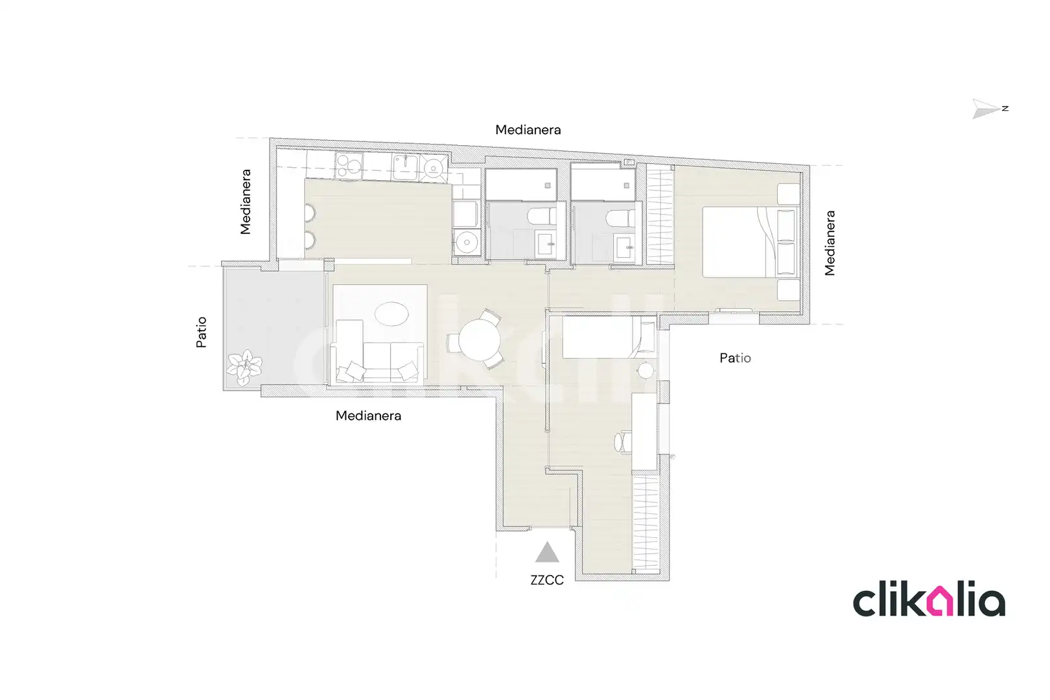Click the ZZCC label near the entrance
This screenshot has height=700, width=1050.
546,580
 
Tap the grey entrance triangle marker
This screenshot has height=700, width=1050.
547,553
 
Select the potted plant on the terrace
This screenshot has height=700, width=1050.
244,367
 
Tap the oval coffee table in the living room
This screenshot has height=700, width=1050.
391,314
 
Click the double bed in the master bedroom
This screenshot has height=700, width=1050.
749,242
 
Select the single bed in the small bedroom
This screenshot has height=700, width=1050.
609,338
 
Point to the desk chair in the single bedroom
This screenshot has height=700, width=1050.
622,442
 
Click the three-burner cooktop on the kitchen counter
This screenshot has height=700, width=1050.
349,165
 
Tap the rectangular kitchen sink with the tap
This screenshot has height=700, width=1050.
405,167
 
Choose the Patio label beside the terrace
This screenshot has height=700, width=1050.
201,332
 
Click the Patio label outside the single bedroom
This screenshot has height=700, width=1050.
735,358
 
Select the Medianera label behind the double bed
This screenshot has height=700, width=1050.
830,243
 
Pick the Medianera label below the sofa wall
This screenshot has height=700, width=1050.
368,415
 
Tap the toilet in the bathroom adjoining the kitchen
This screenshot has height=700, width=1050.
541,216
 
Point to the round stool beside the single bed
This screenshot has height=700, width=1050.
646,370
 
